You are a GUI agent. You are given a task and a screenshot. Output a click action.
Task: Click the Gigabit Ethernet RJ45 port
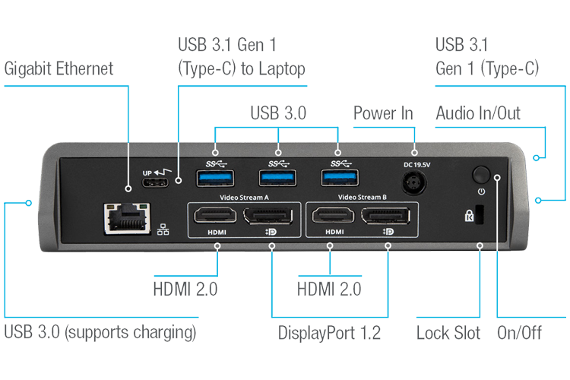coord(127,218)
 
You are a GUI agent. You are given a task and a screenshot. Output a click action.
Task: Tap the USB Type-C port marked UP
coord(155,182)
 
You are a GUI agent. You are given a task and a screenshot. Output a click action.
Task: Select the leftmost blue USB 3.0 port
coord(215,178)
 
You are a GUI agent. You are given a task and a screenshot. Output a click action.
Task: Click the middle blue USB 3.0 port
coord(277,178)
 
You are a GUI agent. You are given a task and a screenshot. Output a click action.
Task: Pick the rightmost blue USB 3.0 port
coord(340,178)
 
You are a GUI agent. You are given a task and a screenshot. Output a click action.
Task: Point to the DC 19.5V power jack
coord(414,183)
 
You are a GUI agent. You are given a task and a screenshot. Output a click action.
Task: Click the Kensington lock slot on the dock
coord(480,214)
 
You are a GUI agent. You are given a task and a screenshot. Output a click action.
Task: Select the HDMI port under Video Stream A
coord(215,215)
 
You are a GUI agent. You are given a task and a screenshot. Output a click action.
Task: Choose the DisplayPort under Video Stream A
coord(268,216)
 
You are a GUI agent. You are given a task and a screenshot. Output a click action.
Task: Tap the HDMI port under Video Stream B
coord(334,215)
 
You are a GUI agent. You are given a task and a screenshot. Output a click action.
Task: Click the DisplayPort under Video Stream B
coord(385,216)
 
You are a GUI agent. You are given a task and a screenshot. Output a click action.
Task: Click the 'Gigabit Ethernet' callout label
coord(59,69)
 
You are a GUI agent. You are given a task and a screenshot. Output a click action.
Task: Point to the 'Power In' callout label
coord(383,113)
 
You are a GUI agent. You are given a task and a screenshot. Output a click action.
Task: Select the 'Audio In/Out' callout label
coord(478,113)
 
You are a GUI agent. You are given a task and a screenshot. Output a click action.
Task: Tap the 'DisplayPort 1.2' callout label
coord(329,333)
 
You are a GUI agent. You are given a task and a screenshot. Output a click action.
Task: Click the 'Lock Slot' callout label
coord(448,333)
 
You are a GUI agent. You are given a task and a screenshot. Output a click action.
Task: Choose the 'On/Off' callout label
coord(520,333)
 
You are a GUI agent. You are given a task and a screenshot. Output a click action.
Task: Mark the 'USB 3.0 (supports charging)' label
coord(100,332)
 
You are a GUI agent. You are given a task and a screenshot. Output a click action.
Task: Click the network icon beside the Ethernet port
coord(163,230)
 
